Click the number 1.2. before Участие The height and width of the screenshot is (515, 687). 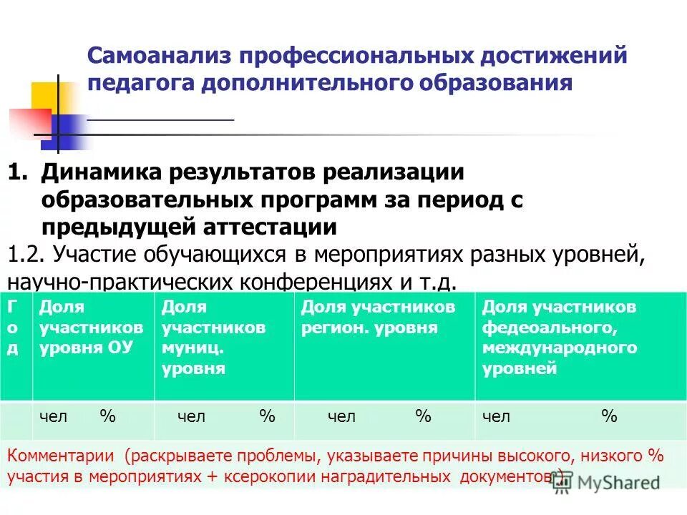point(27,254)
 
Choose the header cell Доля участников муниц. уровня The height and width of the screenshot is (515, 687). point(214,338)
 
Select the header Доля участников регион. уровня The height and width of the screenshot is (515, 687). point(378,318)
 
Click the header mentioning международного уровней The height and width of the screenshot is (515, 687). point(559,338)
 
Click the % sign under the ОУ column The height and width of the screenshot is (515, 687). point(107,416)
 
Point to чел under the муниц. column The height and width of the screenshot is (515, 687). point(191,416)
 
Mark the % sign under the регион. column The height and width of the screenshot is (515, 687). point(423,416)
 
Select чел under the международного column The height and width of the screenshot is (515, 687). point(497,416)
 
